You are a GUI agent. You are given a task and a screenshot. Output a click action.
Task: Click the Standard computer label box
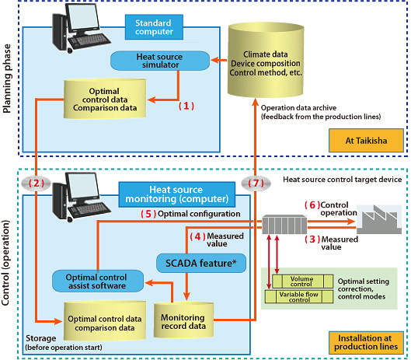(154, 27)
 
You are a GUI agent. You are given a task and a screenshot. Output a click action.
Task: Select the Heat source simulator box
(160, 61)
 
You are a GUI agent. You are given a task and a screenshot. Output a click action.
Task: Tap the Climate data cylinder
(266, 61)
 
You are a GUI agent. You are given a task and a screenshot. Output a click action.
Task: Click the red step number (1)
(186, 106)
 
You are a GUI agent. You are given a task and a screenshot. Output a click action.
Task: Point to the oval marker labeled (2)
(37, 183)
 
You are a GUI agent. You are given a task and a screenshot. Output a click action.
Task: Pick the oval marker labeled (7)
(256, 183)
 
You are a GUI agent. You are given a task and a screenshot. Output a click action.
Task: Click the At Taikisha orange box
(366, 141)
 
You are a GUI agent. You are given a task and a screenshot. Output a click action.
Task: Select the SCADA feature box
(201, 263)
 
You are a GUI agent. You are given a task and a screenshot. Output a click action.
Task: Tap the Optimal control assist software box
(98, 281)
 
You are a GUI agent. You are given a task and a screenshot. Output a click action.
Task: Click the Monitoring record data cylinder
(183, 320)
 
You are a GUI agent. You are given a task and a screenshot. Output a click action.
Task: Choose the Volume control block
(302, 281)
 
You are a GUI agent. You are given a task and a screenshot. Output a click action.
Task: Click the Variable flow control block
(299, 297)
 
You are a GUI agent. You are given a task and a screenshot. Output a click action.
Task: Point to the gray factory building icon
(379, 219)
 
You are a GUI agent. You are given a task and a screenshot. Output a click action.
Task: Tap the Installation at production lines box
(366, 342)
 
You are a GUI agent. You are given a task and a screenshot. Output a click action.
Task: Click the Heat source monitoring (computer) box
(177, 194)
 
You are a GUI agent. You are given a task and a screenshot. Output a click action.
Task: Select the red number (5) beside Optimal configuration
(148, 214)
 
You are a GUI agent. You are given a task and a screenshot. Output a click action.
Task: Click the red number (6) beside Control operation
(312, 205)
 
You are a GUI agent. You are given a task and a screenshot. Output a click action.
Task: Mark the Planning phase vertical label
(7, 79)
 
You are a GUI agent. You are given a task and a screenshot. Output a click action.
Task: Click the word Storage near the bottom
(40, 338)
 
